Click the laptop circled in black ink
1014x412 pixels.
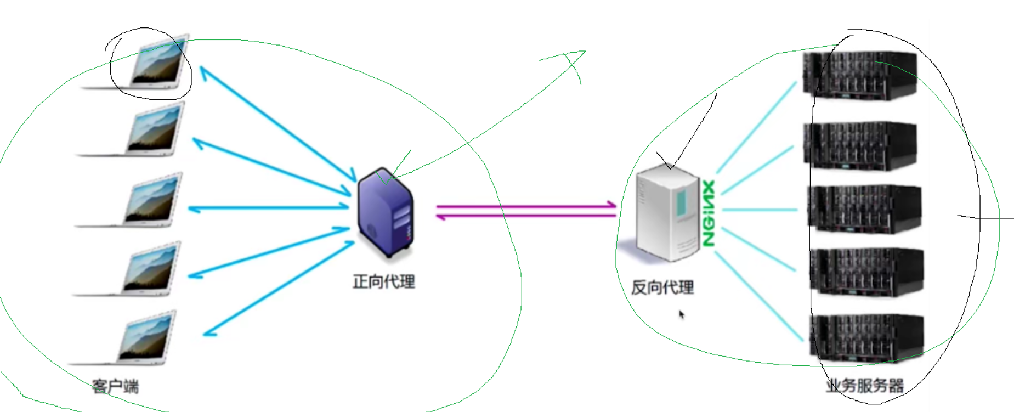156,63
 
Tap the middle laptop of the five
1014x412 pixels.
151,200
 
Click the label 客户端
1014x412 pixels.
115,386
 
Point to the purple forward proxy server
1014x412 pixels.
385,212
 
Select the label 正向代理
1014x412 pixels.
384,282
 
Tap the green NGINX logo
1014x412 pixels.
708,213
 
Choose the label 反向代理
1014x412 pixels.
662,287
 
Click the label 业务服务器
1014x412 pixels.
865,385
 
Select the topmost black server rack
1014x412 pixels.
859,76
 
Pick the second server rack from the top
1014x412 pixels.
859,145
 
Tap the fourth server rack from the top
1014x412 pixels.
866,272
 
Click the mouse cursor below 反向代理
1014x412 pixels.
681,314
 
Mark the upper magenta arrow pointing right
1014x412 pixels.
525,206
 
